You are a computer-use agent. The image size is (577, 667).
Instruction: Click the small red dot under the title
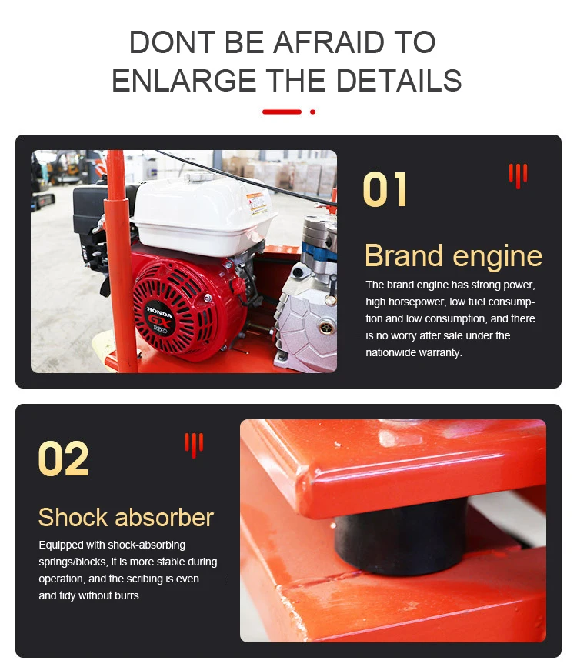pos(312,112)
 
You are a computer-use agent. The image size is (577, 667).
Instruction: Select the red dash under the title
pos(282,112)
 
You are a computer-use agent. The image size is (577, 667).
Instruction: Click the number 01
pos(385,190)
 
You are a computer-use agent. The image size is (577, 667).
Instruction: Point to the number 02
pos(63,459)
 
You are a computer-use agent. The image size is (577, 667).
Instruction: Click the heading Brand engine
pos(453,256)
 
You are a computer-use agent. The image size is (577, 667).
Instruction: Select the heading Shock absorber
pos(126,517)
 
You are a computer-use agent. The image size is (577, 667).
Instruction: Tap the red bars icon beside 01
pos(518,175)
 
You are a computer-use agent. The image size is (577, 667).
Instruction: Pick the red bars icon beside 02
pos(194,444)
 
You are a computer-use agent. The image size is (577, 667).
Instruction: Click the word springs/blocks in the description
pos(72,562)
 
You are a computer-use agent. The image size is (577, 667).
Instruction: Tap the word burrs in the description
pos(125,595)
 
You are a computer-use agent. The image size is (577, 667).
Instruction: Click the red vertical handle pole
pos(117,231)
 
